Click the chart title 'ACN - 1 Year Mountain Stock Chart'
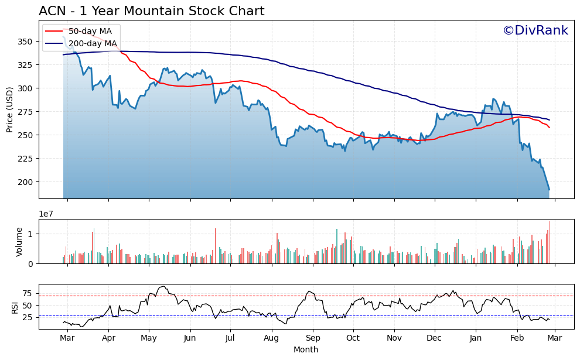click(x=151, y=11)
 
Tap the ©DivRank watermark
click(x=535, y=30)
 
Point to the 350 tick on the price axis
click(x=26, y=42)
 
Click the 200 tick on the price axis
click(x=26, y=182)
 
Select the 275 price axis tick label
click(x=26, y=112)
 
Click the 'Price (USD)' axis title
click(x=10, y=110)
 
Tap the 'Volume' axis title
click(x=19, y=242)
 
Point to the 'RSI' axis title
click(x=15, y=307)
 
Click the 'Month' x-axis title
click(x=306, y=349)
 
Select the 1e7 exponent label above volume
click(x=47, y=214)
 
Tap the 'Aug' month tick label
click(x=271, y=338)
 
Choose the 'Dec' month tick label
click(x=434, y=338)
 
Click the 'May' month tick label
click(x=149, y=338)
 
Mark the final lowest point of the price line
click(x=549, y=189)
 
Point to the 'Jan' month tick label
click(x=476, y=338)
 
